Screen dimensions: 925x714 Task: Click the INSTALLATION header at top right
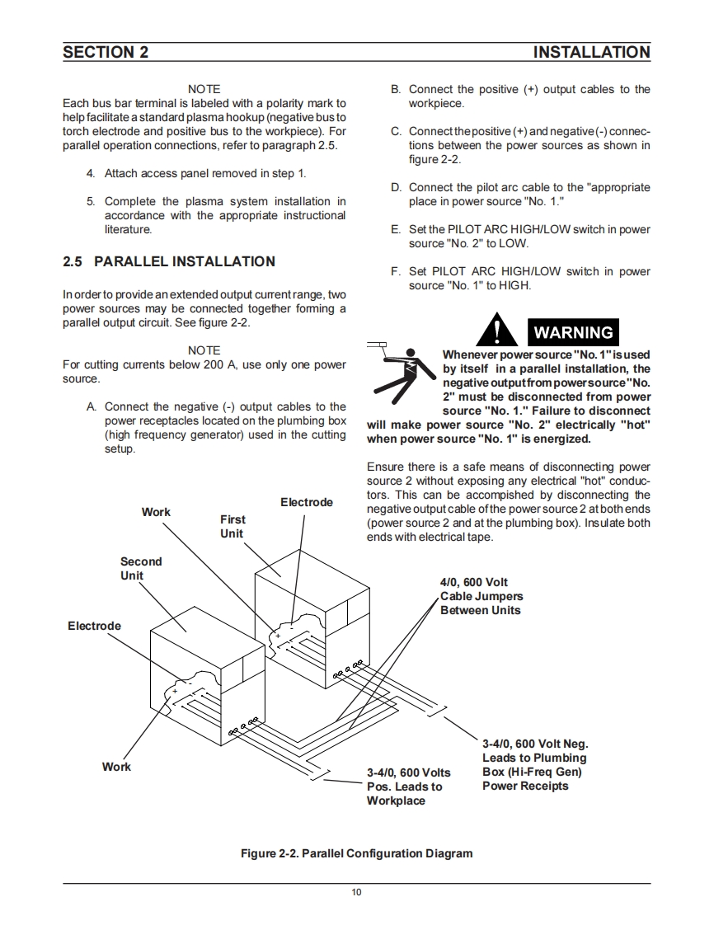[x=591, y=53]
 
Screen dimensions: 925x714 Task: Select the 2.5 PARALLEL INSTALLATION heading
[x=169, y=261]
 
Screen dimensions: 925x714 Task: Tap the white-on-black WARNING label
[x=574, y=332]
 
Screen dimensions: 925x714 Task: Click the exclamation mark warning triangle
[x=497, y=330]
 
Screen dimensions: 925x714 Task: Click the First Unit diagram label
[x=233, y=526]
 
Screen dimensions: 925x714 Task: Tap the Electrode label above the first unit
[x=307, y=502]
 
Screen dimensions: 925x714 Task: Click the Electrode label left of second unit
[x=94, y=626]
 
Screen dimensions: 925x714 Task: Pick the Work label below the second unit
[x=116, y=767]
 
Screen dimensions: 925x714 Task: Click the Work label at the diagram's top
[x=156, y=512]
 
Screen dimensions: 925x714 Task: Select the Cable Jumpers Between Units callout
[x=481, y=596]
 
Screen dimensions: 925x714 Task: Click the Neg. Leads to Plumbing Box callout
[x=534, y=765]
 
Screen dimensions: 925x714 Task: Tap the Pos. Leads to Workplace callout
[x=408, y=786]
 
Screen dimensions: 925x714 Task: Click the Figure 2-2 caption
[x=356, y=853]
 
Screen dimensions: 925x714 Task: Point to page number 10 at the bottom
[x=356, y=892]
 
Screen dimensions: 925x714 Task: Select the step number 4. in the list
[x=91, y=174]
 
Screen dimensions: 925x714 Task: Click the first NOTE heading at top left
[x=204, y=89]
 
